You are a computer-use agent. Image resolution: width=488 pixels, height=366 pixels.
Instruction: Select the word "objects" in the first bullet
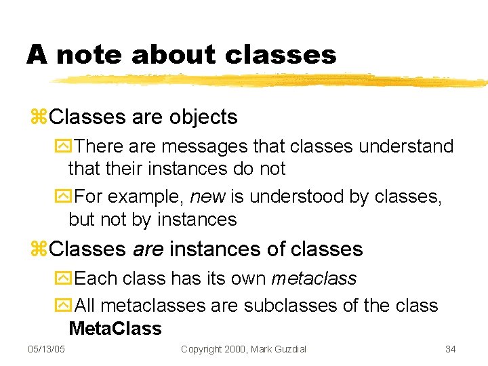[x=203, y=117]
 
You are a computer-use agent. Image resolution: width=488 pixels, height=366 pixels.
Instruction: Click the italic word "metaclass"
[x=314, y=279]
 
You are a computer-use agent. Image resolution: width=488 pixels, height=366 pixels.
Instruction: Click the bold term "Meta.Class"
[x=115, y=329]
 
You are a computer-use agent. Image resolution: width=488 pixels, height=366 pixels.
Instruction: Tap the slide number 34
[x=450, y=349]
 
